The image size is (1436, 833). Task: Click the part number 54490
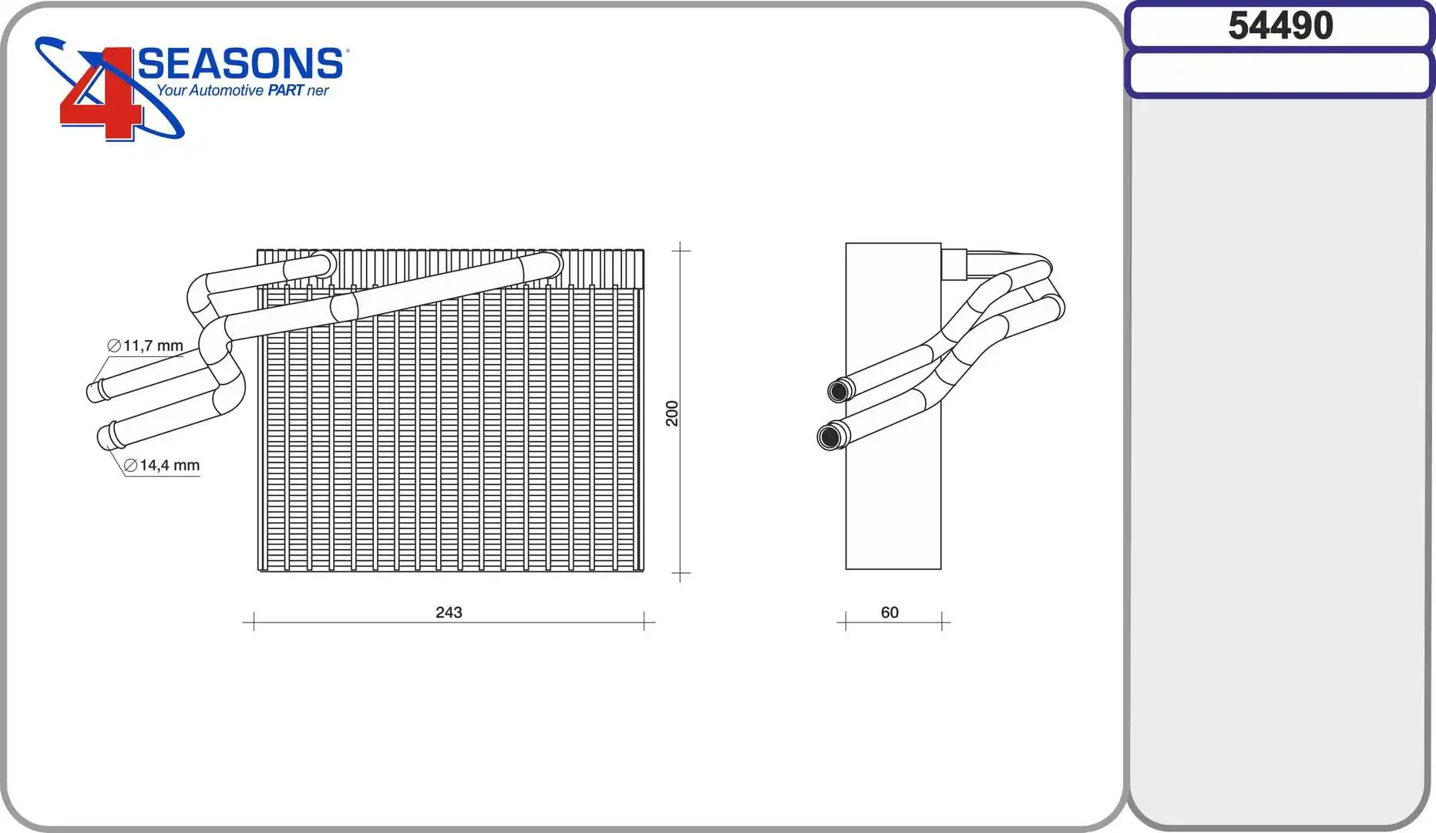1280,25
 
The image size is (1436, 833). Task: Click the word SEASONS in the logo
240,63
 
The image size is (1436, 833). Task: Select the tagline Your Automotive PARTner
243,90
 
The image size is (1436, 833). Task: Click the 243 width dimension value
449,612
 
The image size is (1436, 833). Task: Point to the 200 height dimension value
672,413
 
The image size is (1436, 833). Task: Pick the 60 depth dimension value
890,612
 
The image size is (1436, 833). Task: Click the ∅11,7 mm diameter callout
146,346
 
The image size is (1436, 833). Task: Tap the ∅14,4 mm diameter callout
162,465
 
